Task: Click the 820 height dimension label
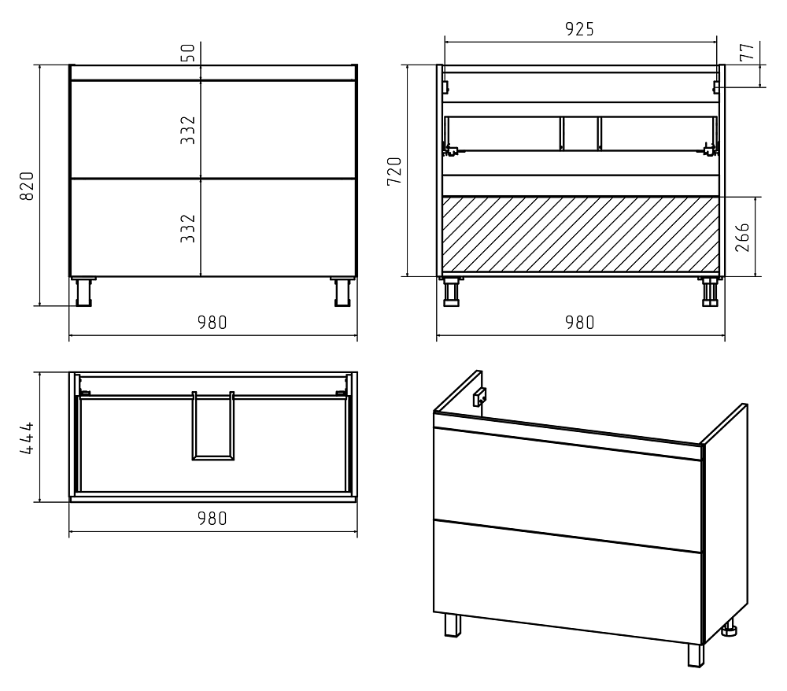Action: pos(27,186)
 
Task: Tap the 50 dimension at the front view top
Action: pos(187,53)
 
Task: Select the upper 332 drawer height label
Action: pos(188,130)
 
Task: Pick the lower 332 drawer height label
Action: pos(188,228)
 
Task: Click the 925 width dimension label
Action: pos(580,29)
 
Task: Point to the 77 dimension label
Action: pos(747,52)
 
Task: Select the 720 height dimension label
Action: pos(394,171)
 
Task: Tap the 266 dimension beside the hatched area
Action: pos(742,237)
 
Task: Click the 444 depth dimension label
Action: pos(27,438)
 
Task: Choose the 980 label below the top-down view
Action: pos(212,519)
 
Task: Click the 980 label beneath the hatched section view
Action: pos(580,322)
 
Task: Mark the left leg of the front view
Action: pos(83,291)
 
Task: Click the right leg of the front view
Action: pos(343,291)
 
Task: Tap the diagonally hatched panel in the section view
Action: pos(581,236)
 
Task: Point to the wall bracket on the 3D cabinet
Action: pos(479,397)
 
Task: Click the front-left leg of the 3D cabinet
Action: pos(453,625)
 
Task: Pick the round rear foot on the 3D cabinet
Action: pos(730,629)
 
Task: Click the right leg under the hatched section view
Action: pos(710,291)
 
